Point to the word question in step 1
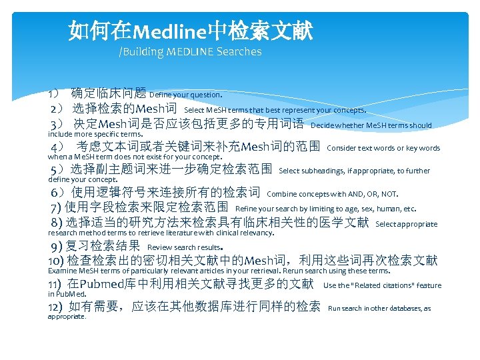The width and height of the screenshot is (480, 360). pyautogui.click(x=203, y=95)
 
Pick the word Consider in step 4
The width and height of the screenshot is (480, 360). pyautogui.click(x=341, y=148)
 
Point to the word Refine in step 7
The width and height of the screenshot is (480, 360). pyautogui.click(x=245, y=209)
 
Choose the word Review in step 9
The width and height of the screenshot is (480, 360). pyautogui.click(x=159, y=247)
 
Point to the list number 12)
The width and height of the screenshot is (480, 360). pyautogui.click(x=55, y=307)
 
